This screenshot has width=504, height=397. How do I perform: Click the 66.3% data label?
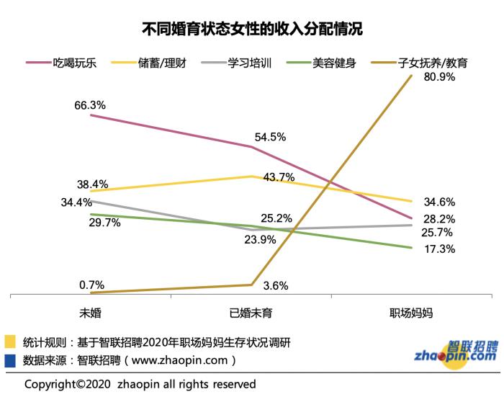tap(90, 104)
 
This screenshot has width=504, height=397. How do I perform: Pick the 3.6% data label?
tap(275, 285)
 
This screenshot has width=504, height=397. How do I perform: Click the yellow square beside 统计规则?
tap(10, 340)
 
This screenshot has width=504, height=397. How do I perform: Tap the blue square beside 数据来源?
tap(10, 359)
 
